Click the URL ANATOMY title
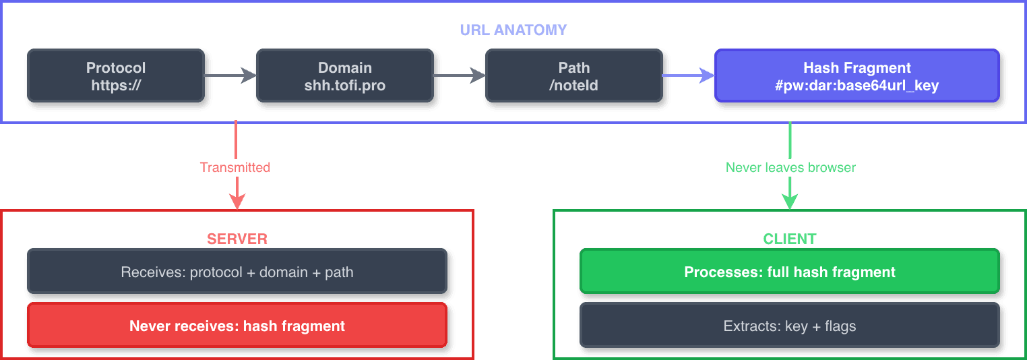[x=513, y=30]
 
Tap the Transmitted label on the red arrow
[x=235, y=167]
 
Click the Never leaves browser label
[x=790, y=167]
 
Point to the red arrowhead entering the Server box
[x=237, y=202]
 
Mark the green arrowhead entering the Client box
[x=789, y=202]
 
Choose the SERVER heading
[x=237, y=239]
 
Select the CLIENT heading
[x=789, y=239]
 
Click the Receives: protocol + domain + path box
[x=237, y=272]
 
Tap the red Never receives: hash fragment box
[x=237, y=326]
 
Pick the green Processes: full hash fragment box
[x=789, y=272]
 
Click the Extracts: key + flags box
[x=789, y=326]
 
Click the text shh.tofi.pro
[x=344, y=86]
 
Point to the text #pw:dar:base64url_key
[x=857, y=86]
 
